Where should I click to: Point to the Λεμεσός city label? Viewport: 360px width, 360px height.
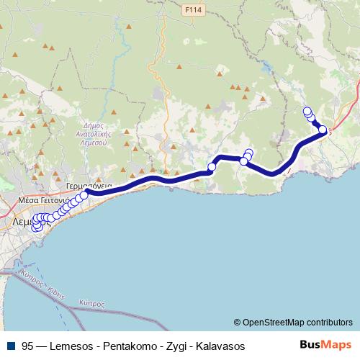[29, 222]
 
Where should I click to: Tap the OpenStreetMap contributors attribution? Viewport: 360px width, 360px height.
[293, 322]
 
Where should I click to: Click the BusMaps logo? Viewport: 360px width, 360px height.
[325, 346]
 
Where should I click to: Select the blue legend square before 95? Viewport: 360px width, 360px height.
[9, 346]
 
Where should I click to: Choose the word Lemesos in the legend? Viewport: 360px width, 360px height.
[72, 346]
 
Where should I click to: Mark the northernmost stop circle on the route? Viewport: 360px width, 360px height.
[307, 111]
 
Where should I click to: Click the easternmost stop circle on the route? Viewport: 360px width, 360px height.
[323, 130]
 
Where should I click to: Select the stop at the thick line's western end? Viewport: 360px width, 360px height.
[84, 194]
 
